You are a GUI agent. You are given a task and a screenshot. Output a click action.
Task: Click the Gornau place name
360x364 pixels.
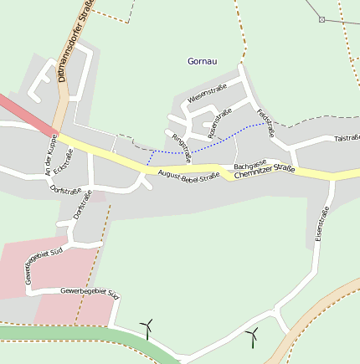tap(202, 61)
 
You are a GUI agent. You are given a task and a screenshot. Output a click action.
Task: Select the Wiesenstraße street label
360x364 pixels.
tap(207, 98)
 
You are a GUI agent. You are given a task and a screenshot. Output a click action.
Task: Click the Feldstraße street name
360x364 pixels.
tap(265, 123)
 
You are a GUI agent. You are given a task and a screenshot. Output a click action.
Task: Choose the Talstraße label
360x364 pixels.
tap(346, 138)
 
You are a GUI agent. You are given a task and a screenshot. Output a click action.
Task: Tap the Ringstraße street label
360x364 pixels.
tap(181, 146)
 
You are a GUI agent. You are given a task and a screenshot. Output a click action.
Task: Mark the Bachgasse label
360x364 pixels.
tap(249, 164)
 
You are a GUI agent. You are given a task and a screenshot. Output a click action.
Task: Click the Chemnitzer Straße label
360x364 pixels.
tap(265, 173)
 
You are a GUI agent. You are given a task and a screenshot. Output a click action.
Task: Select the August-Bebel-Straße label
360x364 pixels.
tap(188, 176)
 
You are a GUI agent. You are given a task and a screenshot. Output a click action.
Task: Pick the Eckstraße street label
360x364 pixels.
tap(63, 161)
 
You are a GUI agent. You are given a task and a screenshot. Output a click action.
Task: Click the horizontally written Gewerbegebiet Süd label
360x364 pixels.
tap(90, 293)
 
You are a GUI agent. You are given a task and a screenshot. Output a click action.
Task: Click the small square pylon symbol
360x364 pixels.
tap(321, 19)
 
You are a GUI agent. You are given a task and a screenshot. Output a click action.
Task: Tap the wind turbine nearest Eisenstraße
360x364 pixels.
tap(251, 336)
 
